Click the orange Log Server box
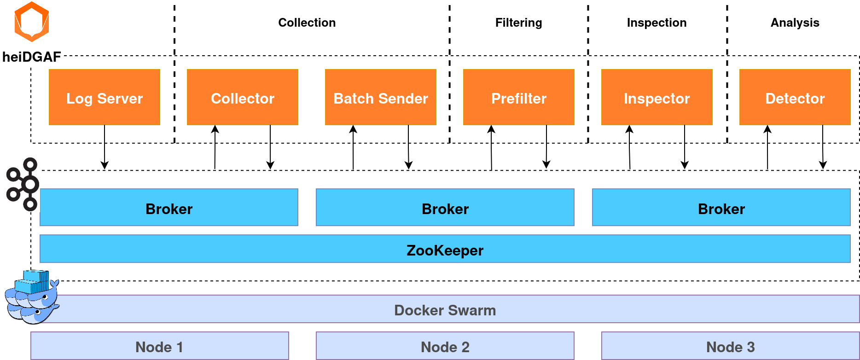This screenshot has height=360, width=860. tap(105, 98)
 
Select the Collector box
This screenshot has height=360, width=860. tap(243, 98)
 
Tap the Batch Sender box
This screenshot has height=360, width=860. tap(381, 98)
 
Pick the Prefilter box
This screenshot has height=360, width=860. tap(519, 98)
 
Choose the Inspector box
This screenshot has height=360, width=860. tap(657, 98)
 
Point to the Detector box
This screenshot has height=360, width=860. tap(795, 98)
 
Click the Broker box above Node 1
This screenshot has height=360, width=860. tap(169, 208)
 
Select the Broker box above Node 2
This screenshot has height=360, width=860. tap(445, 208)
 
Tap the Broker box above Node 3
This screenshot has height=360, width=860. tap(721, 208)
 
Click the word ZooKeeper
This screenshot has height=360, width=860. tap(445, 250)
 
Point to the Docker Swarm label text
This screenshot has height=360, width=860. tap(445, 310)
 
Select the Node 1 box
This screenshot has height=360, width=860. tap(159, 346)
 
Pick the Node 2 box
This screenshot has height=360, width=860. tap(445, 346)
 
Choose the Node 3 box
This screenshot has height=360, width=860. tap(730, 346)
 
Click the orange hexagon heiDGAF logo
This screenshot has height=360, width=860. tap(32, 22)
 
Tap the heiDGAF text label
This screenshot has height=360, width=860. tap(32, 58)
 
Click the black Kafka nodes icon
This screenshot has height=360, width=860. tap(23, 185)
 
